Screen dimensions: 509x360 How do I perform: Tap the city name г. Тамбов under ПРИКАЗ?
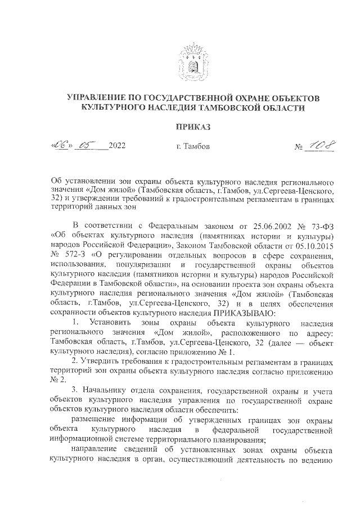click(x=192, y=147)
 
